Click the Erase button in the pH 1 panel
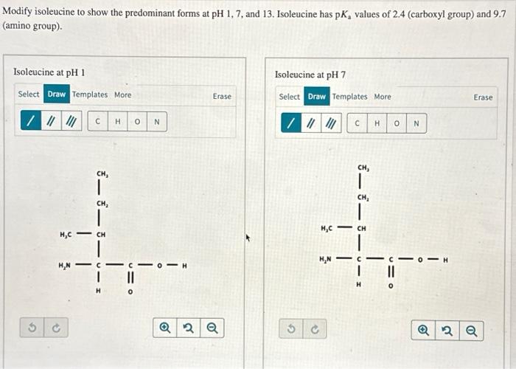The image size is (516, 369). coord(222,96)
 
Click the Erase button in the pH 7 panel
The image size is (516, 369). coord(483,97)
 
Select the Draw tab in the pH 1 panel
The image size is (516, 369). coord(57,94)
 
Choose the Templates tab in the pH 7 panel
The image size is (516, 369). coord(349,97)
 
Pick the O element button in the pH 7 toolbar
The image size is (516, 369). coord(397,123)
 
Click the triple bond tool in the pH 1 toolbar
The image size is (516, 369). coord(71,121)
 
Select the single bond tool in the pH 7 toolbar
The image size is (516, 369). coord(293,123)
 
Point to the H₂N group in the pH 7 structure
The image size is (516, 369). coord(325,259)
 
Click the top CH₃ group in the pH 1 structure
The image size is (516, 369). coord(102,174)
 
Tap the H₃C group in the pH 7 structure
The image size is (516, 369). coord(328,228)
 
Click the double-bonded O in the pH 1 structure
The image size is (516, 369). coord(129,292)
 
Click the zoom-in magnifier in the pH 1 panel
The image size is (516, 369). coord(165,326)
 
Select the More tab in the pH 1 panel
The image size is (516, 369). coord(122,94)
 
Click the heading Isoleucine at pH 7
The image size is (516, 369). coord(310,75)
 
